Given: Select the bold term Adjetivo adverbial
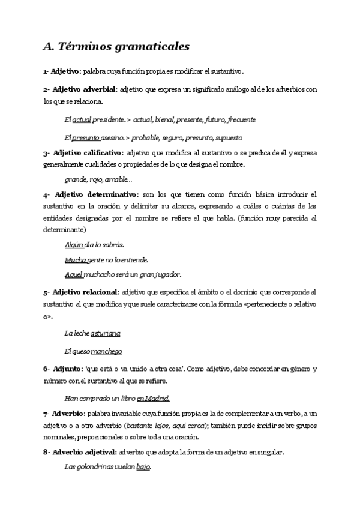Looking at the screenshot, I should tap(84, 89).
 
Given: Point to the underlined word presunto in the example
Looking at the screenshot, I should tap(86, 137).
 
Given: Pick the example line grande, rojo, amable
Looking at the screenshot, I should tap(98, 179).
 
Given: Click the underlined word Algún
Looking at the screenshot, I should tap(74, 245).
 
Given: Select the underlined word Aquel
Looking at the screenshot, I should tap(74, 274).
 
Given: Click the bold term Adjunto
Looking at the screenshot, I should tap(68, 368).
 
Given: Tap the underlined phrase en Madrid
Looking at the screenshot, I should tap(153, 397).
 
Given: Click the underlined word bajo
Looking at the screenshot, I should tap(143, 466).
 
